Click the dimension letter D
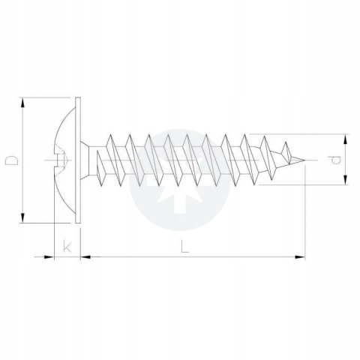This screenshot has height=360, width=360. pos(12,160)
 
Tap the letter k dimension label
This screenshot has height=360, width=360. pos(67,246)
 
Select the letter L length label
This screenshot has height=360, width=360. pos(184,246)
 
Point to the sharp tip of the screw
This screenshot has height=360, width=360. pos(304,160)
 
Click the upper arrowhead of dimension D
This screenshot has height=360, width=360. pos(22,103)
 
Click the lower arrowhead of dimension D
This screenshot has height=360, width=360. pos(22,217)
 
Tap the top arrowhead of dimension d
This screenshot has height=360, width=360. pos(345,139)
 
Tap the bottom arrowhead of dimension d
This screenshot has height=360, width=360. pos(345,180)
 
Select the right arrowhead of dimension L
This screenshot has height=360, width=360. pos(300,256)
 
